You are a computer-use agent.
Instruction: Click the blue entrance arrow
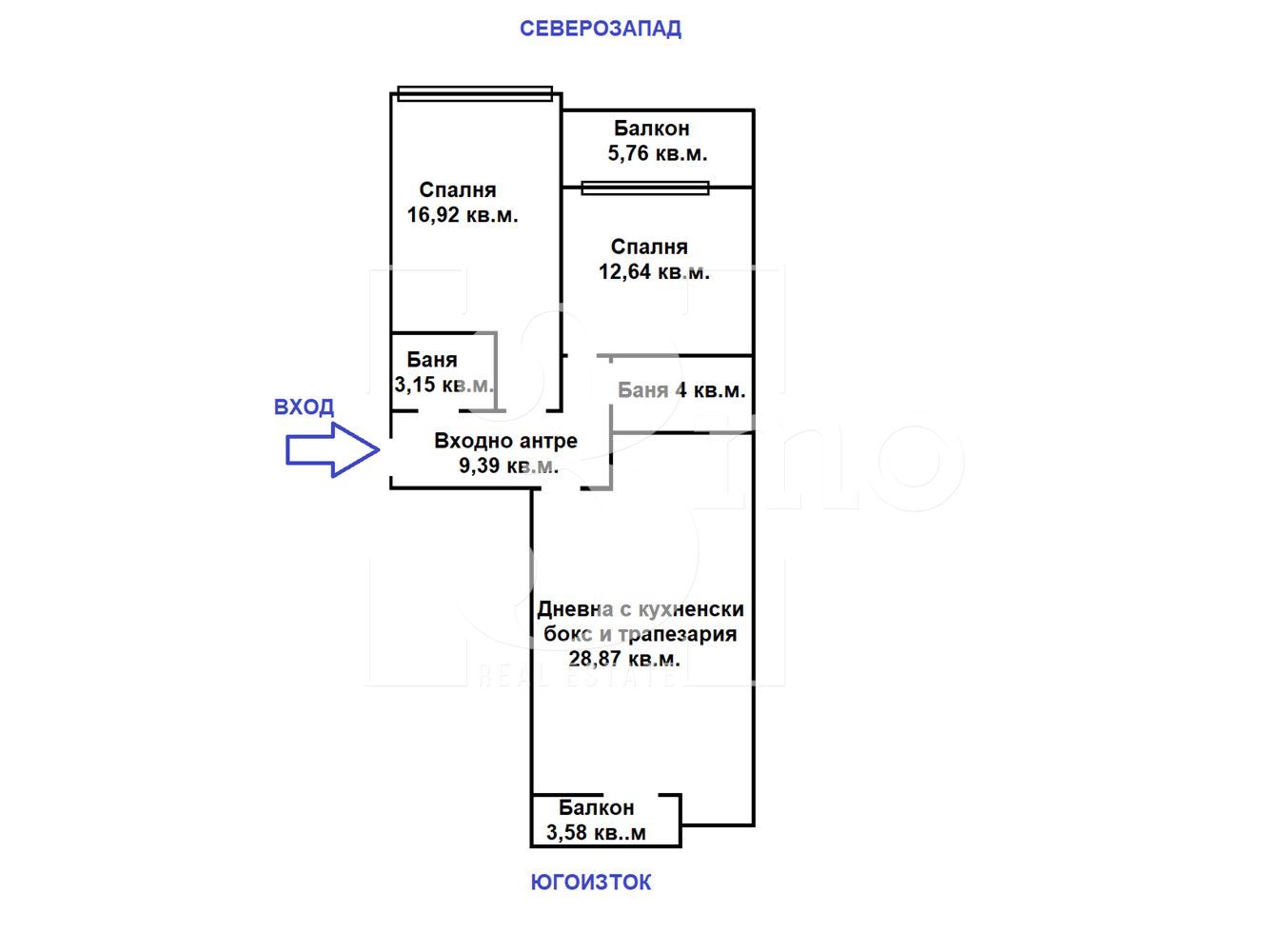click(332, 449)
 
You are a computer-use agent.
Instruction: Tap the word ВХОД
click(304, 407)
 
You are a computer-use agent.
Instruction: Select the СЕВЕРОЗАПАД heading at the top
click(600, 29)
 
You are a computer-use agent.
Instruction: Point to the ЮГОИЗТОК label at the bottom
click(591, 883)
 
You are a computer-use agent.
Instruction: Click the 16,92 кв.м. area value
click(463, 215)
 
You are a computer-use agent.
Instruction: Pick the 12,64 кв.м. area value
click(654, 272)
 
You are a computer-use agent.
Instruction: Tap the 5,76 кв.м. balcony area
click(658, 153)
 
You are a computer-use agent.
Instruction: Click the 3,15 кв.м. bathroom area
click(444, 385)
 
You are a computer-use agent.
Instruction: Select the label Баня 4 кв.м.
click(681, 390)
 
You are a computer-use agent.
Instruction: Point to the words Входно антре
click(505, 441)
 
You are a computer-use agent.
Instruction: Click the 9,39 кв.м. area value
click(508, 466)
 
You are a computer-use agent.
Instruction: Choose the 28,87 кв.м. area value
click(624, 659)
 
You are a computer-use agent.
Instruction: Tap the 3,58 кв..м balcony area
click(596, 833)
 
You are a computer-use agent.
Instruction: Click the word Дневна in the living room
click(575, 609)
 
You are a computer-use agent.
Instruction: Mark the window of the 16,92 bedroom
click(475, 93)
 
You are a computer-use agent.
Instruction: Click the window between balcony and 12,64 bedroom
click(645, 188)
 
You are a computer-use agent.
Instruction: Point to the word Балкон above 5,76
click(651, 129)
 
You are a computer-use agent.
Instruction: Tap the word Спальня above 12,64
click(649, 247)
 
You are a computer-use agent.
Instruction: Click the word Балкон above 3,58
click(596, 807)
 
